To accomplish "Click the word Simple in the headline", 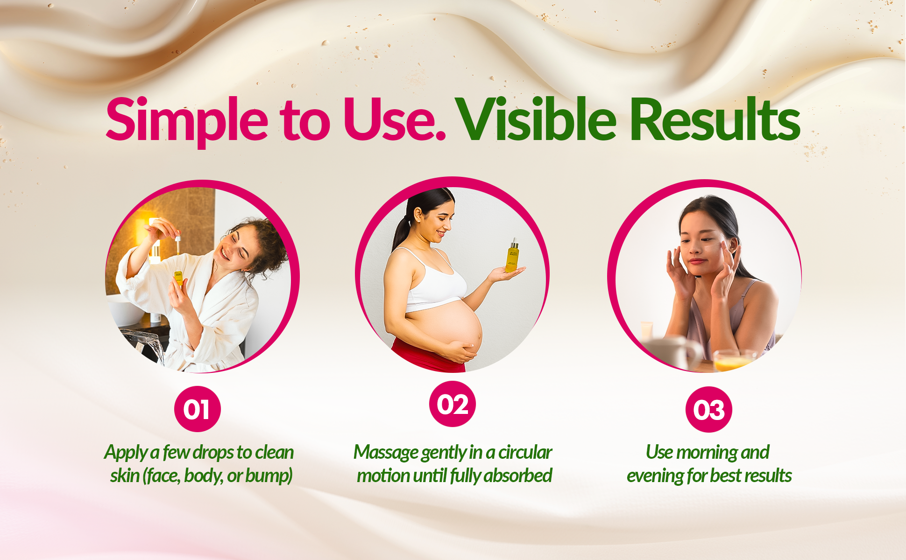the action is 187,120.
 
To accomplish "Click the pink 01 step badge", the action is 197,409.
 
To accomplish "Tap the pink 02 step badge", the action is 453,404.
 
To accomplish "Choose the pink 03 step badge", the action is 708,410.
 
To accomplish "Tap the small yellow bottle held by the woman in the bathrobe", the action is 178,278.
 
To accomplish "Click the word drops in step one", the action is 213,452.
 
